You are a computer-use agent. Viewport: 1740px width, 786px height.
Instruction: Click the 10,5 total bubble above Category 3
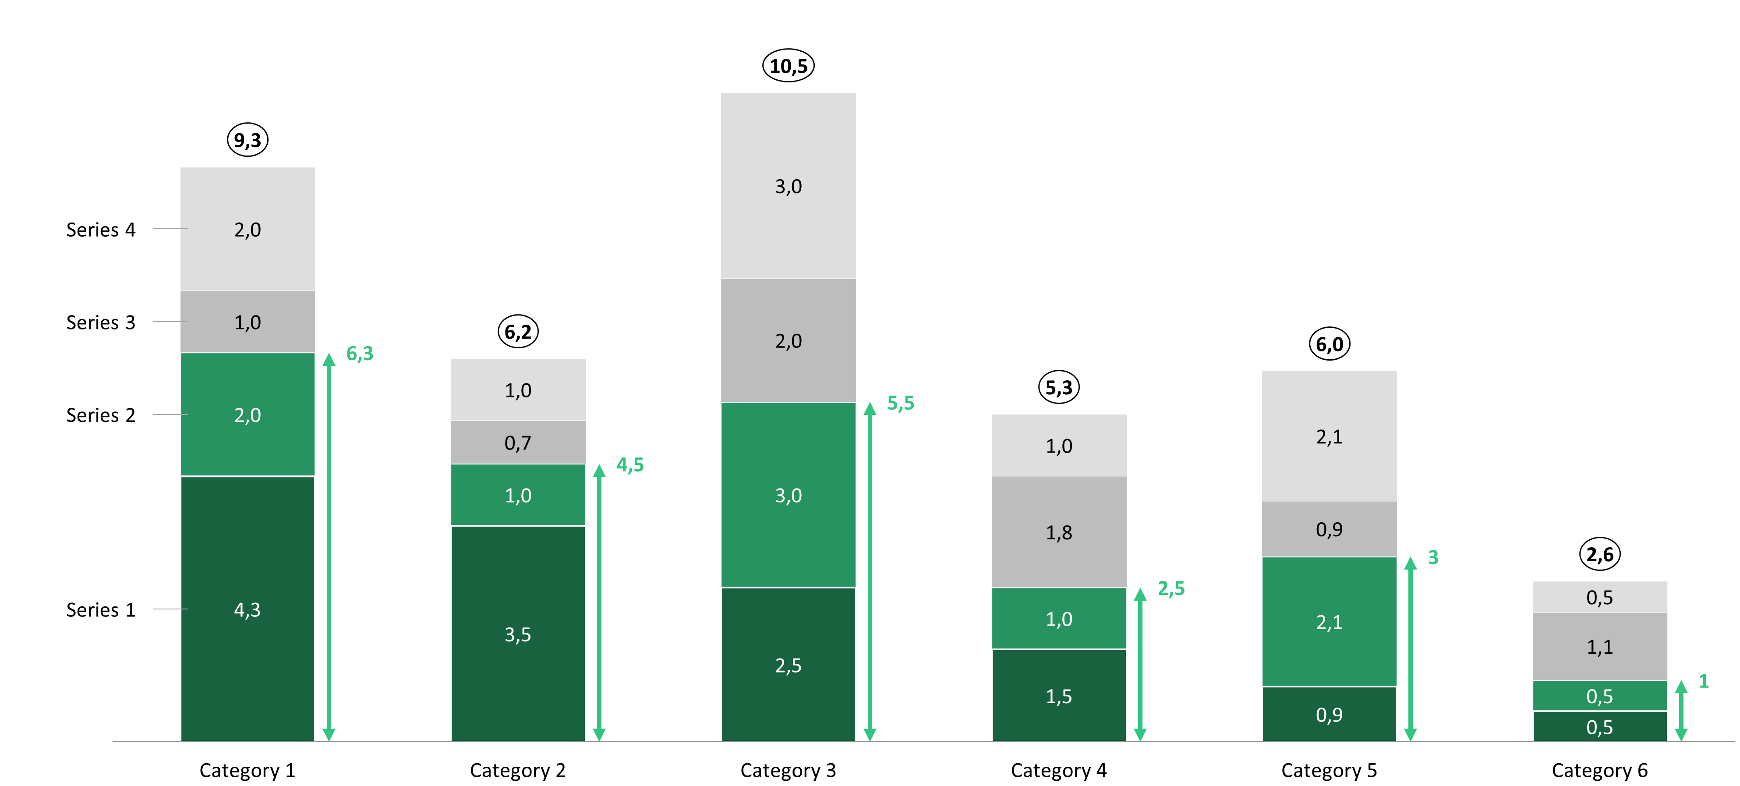coord(788,66)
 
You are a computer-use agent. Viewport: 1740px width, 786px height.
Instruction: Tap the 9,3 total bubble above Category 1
coord(247,140)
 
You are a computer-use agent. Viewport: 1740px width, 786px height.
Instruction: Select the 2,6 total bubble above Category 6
coord(1599,555)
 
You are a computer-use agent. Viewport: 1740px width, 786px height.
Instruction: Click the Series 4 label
coord(101,230)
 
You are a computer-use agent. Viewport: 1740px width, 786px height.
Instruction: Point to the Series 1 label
coord(101,609)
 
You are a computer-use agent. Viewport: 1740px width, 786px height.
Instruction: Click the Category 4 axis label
coord(1058,771)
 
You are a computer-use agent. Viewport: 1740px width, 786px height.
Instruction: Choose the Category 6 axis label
coord(1599,771)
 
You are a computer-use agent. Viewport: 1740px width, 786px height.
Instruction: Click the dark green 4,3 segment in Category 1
coord(247,609)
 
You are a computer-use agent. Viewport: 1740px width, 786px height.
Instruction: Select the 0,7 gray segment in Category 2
coord(518,443)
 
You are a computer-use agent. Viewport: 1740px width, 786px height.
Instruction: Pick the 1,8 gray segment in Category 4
coord(1058,533)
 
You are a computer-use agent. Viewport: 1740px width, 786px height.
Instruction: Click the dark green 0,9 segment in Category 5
coord(1329,714)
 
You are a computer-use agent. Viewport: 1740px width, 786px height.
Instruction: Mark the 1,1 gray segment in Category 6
coord(1599,647)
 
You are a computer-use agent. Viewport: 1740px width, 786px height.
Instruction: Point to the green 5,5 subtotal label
coord(900,404)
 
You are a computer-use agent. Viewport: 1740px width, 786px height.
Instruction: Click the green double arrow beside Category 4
coord(1140,664)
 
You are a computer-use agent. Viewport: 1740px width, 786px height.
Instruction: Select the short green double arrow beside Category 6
coord(1681,711)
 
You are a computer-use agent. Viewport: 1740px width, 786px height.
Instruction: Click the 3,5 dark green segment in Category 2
coord(518,634)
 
